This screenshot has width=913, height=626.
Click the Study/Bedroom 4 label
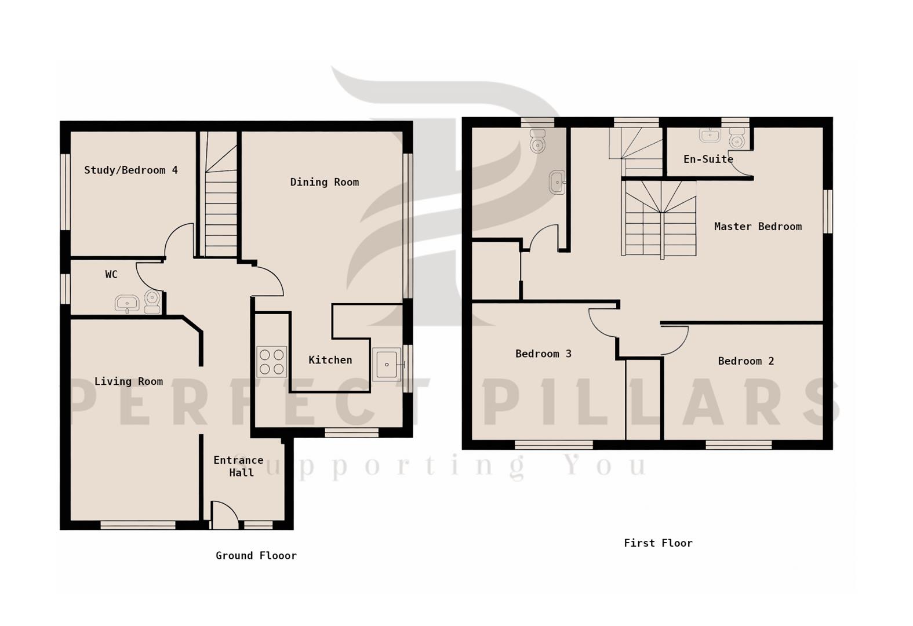click(130, 170)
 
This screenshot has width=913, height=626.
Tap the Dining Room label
click(324, 182)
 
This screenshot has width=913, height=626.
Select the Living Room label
click(128, 381)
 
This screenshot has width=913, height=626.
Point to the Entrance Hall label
click(238, 467)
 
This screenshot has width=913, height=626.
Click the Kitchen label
click(330, 360)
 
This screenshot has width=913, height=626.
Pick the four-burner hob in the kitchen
click(271, 362)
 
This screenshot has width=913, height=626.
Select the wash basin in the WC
click(127, 303)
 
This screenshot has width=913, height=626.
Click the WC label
click(111, 275)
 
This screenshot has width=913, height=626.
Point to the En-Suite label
click(708, 159)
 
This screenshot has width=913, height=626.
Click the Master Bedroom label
click(758, 227)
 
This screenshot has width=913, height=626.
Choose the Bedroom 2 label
click(745, 361)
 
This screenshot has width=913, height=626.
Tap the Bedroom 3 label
click(543, 354)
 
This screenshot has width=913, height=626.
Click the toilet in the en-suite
click(737, 140)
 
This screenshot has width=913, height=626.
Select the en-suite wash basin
click(710, 136)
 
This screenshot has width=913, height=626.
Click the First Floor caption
click(658, 543)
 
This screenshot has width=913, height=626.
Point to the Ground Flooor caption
click(256, 556)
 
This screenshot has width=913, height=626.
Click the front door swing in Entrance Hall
click(225, 515)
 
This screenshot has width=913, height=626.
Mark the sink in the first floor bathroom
click(557, 182)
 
